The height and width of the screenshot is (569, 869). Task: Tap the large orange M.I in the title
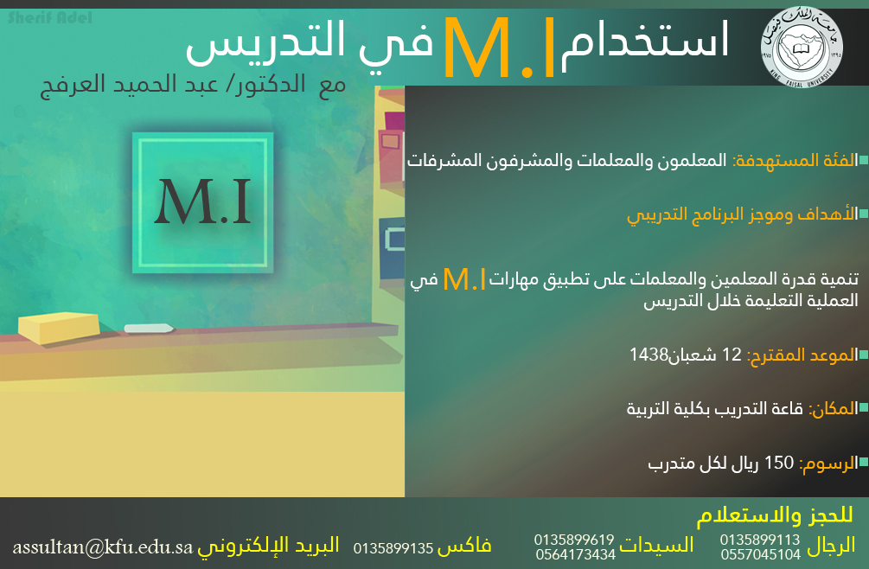(x=499, y=48)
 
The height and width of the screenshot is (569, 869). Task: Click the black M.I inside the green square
(x=202, y=201)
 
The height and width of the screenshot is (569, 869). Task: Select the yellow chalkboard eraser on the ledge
(x=59, y=328)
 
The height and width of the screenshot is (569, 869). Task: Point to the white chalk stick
(x=149, y=328)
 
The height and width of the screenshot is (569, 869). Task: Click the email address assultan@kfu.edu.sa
(x=103, y=547)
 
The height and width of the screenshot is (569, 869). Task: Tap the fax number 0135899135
(x=393, y=548)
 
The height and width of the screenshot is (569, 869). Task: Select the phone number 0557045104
(x=760, y=554)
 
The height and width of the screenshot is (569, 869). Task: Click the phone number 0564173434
(x=575, y=554)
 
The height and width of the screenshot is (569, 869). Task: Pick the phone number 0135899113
(x=760, y=539)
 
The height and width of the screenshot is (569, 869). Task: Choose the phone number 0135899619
(x=574, y=539)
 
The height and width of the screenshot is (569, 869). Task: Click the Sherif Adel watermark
(x=50, y=18)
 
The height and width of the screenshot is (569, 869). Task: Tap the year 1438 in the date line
(x=649, y=354)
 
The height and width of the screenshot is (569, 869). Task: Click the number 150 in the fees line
(x=779, y=462)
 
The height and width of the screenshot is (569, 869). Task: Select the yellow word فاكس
(x=463, y=547)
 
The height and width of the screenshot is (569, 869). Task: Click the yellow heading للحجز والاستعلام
(x=774, y=515)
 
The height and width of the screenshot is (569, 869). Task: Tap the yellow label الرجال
(x=831, y=546)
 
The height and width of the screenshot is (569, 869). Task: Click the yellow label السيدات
(x=656, y=545)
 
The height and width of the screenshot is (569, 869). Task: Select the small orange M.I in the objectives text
(x=464, y=279)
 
